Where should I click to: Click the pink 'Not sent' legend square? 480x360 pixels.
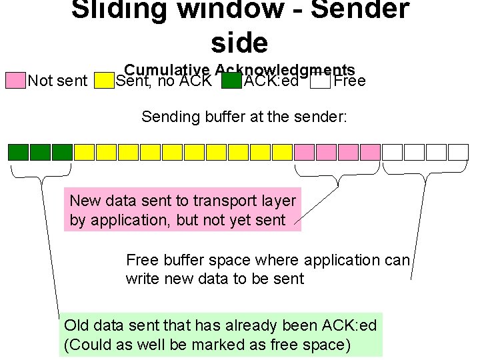pyautogui.click(x=15, y=81)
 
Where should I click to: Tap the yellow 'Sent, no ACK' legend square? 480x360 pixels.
pyautogui.click(x=103, y=81)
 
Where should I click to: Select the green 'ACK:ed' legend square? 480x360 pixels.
pyautogui.click(x=231, y=81)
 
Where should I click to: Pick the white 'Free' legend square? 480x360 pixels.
pyautogui.click(x=320, y=81)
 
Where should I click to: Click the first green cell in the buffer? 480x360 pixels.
pyautogui.click(x=18, y=152)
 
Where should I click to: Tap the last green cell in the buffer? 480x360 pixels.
pyautogui.click(x=62, y=152)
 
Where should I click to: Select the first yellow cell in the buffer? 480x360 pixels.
pyautogui.click(x=84, y=152)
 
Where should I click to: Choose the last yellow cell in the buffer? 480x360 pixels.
pyautogui.click(x=282, y=152)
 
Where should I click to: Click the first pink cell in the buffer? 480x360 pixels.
pyautogui.click(x=304, y=152)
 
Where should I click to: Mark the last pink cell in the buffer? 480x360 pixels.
pyautogui.click(x=370, y=152)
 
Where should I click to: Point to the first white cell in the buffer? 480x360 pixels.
pyautogui.click(x=392, y=152)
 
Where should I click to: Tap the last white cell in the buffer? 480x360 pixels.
pyautogui.click(x=458, y=152)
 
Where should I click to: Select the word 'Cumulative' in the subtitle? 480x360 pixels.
pyautogui.click(x=167, y=71)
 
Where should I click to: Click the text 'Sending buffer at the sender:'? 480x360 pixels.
pyautogui.click(x=244, y=117)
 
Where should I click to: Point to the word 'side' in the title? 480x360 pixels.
pyautogui.click(x=239, y=43)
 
